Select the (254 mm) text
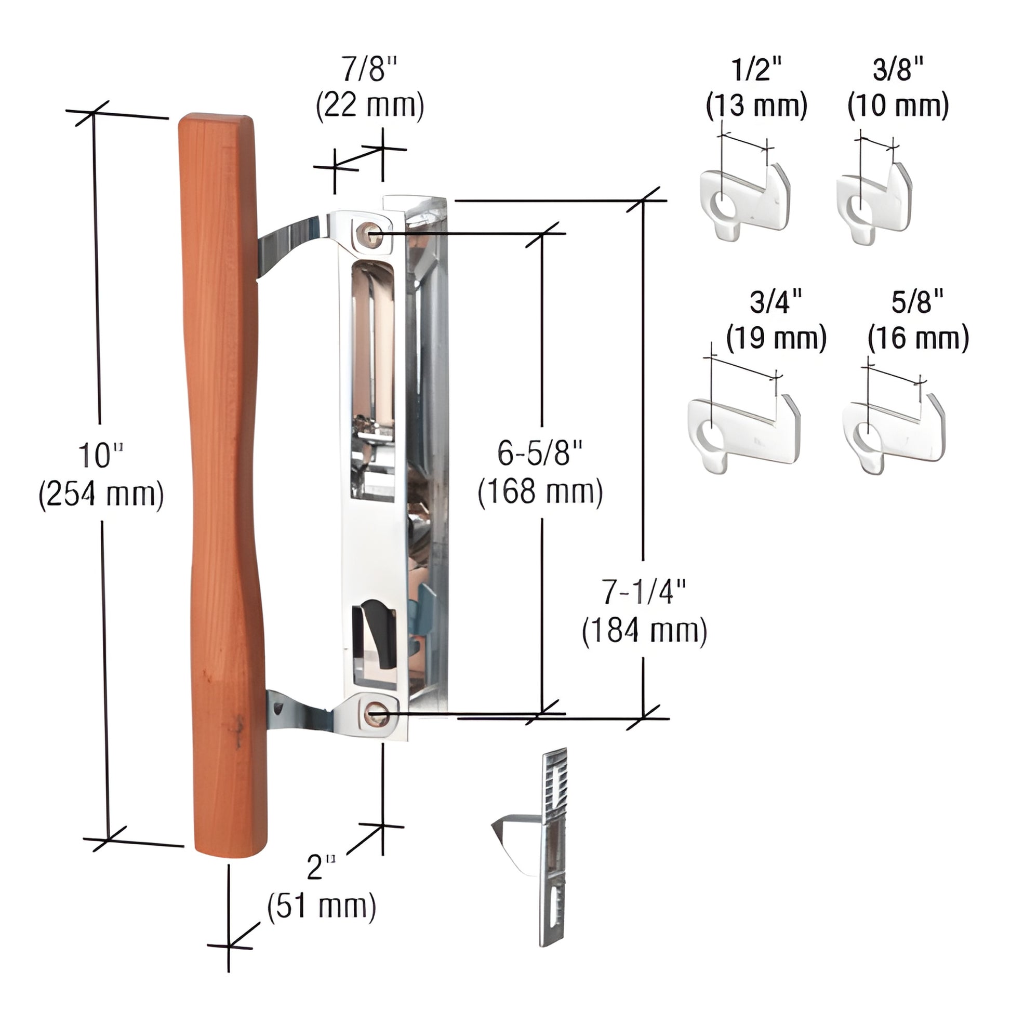click(x=101, y=495)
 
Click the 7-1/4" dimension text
click(x=643, y=592)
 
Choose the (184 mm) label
click(x=644, y=631)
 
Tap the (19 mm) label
click(x=776, y=338)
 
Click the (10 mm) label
click(x=897, y=106)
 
